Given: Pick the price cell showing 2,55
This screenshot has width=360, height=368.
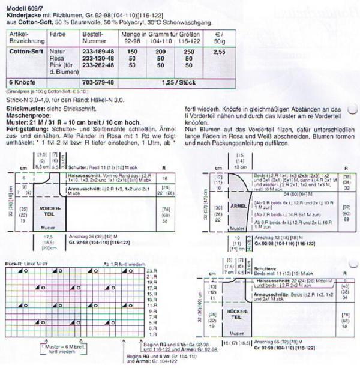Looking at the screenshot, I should click(x=220, y=52).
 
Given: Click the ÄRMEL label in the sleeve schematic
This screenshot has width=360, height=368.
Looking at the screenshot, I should click(x=239, y=205).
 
